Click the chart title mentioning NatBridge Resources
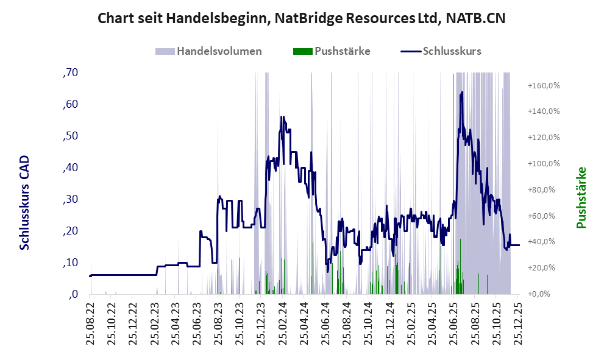302,18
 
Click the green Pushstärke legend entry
332,51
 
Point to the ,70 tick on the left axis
70,72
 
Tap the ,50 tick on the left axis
70,136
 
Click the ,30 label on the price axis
70,199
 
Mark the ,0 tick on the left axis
73,294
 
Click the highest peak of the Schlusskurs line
463,92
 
